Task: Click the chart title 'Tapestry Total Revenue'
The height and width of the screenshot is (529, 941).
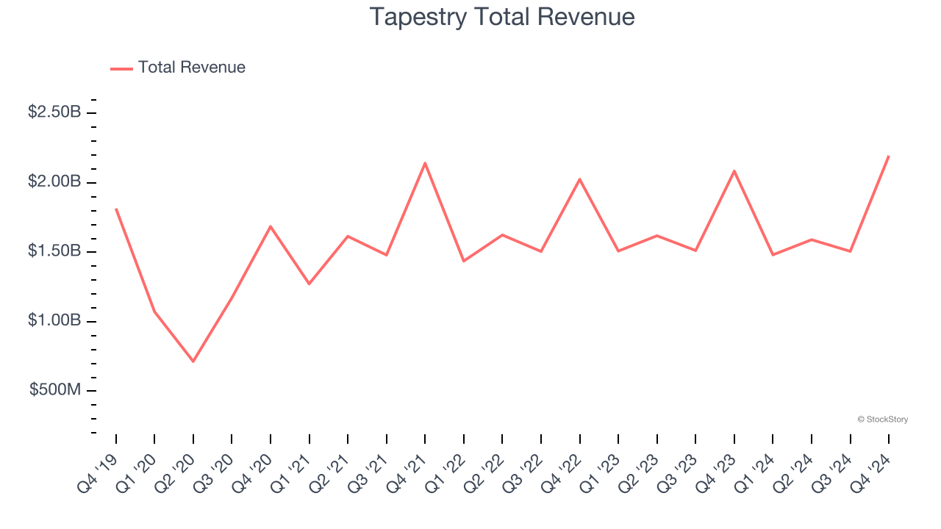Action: pos(502,17)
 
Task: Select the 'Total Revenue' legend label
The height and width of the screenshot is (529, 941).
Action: pos(191,68)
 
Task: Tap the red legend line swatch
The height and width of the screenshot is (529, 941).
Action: pos(121,68)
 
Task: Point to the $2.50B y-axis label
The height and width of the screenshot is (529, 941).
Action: pos(54,112)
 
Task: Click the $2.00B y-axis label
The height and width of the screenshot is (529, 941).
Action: pos(54,181)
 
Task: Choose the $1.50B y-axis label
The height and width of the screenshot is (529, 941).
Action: pos(54,251)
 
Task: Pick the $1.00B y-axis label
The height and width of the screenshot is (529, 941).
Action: pos(54,321)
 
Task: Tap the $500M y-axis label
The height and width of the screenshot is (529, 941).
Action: pos(55,390)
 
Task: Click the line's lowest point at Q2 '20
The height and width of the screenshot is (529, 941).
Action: pos(193,361)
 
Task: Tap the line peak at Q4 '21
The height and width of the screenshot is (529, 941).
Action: pos(425,163)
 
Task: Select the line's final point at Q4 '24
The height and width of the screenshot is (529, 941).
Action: pos(889,156)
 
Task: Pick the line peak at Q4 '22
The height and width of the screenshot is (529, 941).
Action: pos(580,179)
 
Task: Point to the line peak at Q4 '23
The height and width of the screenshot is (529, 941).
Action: pos(734,171)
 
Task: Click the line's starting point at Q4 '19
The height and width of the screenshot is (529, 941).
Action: pos(116,209)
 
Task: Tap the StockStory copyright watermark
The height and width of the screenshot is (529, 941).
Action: pos(882,420)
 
